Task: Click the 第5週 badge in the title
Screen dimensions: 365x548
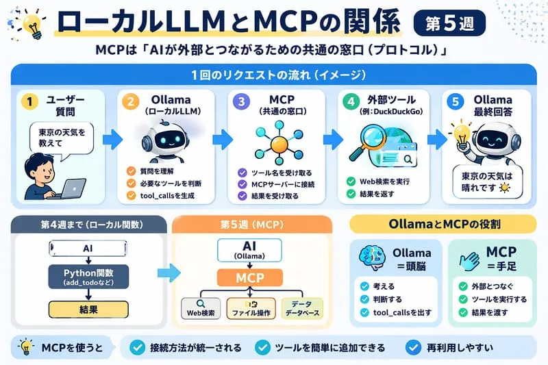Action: click(450, 23)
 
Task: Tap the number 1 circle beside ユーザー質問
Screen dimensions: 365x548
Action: click(28, 101)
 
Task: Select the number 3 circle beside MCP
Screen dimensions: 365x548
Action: click(240, 101)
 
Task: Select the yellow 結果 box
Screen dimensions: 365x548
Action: click(88, 310)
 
